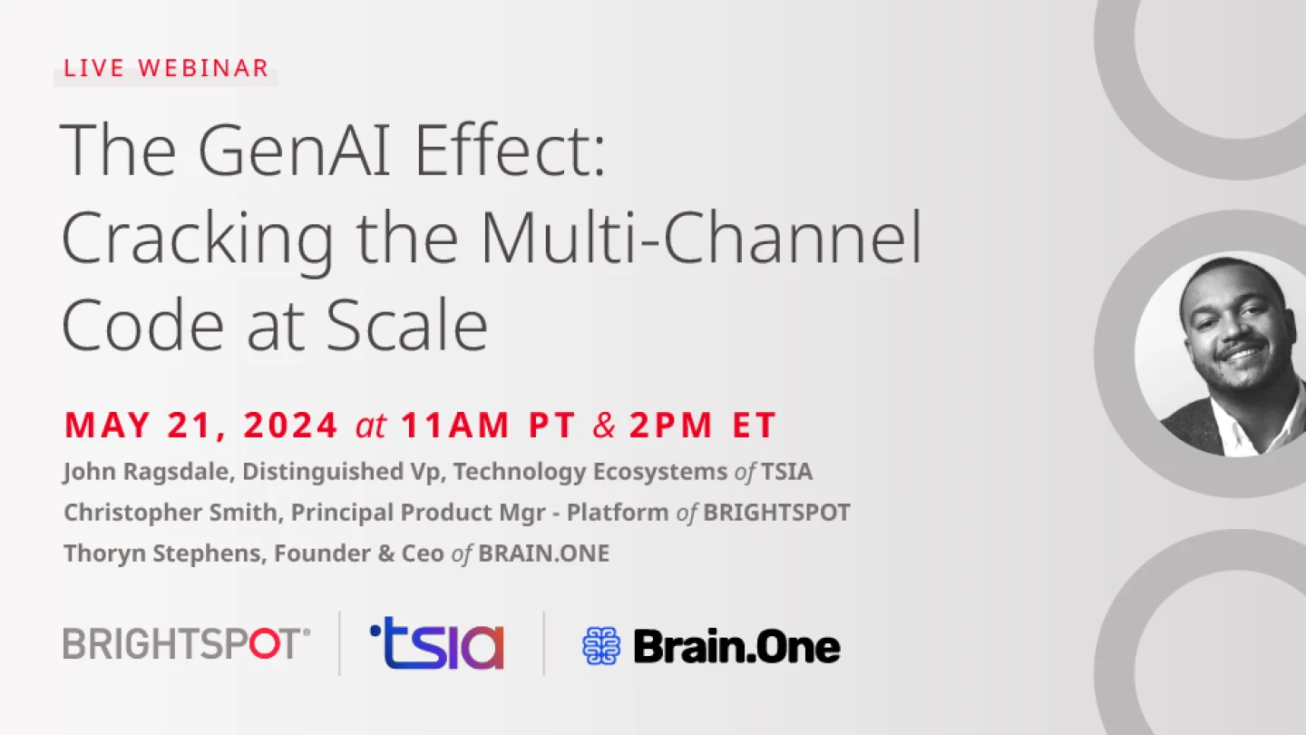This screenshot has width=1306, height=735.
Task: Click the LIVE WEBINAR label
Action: click(166, 68)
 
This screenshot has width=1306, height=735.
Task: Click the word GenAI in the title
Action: click(295, 149)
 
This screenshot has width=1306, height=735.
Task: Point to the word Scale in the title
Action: click(406, 324)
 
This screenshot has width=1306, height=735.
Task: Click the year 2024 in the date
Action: click(290, 424)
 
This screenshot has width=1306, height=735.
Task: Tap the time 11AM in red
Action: click(454, 424)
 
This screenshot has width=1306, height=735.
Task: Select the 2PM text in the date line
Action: click(670, 424)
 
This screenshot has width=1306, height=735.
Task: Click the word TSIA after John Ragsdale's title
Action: click(786, 471)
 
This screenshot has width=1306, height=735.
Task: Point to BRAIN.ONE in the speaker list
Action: click(543, 553)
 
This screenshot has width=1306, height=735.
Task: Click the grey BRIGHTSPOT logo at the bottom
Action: click(187, 643)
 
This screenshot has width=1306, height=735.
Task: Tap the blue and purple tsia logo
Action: click(437, 642)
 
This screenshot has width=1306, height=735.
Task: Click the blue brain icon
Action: click(601, 646)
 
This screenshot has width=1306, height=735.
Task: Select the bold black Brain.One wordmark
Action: click(737, 646)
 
